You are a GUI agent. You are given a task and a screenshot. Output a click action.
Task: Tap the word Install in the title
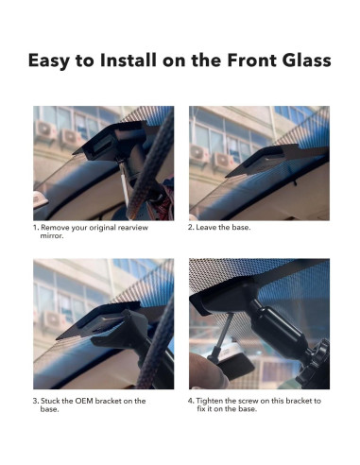pyautogui.click(x=128, y=60)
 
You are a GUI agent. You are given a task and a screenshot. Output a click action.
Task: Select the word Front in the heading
pyautogui.click(x=252, y=60)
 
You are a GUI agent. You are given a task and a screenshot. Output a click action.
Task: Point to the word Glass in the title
pyautogui.click(x=306, y=60)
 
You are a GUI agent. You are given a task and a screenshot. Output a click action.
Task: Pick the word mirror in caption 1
pyautogui.click(x=52, y=235)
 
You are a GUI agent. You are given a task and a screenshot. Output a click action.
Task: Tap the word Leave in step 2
pyautogui.click(x=205, y=227)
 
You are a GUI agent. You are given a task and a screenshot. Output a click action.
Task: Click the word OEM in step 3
pyautogui.click(x=84, y=401)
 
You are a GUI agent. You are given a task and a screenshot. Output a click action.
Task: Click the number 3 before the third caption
pyautogui.click(x=36, y=401)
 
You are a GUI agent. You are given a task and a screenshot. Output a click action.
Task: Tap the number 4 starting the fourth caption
pyautogui.click(x=191, y=401)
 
